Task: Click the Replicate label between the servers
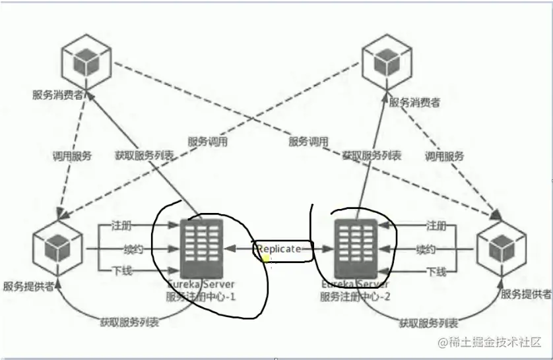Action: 280,249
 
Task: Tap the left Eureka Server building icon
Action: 202,247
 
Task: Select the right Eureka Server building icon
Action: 358,247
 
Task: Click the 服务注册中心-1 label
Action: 201,296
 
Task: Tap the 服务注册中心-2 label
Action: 356,296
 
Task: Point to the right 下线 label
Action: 436,271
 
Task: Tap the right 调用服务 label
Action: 444,156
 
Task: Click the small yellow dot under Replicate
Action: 265,258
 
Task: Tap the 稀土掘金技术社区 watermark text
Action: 492,342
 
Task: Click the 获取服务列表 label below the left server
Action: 129,322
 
